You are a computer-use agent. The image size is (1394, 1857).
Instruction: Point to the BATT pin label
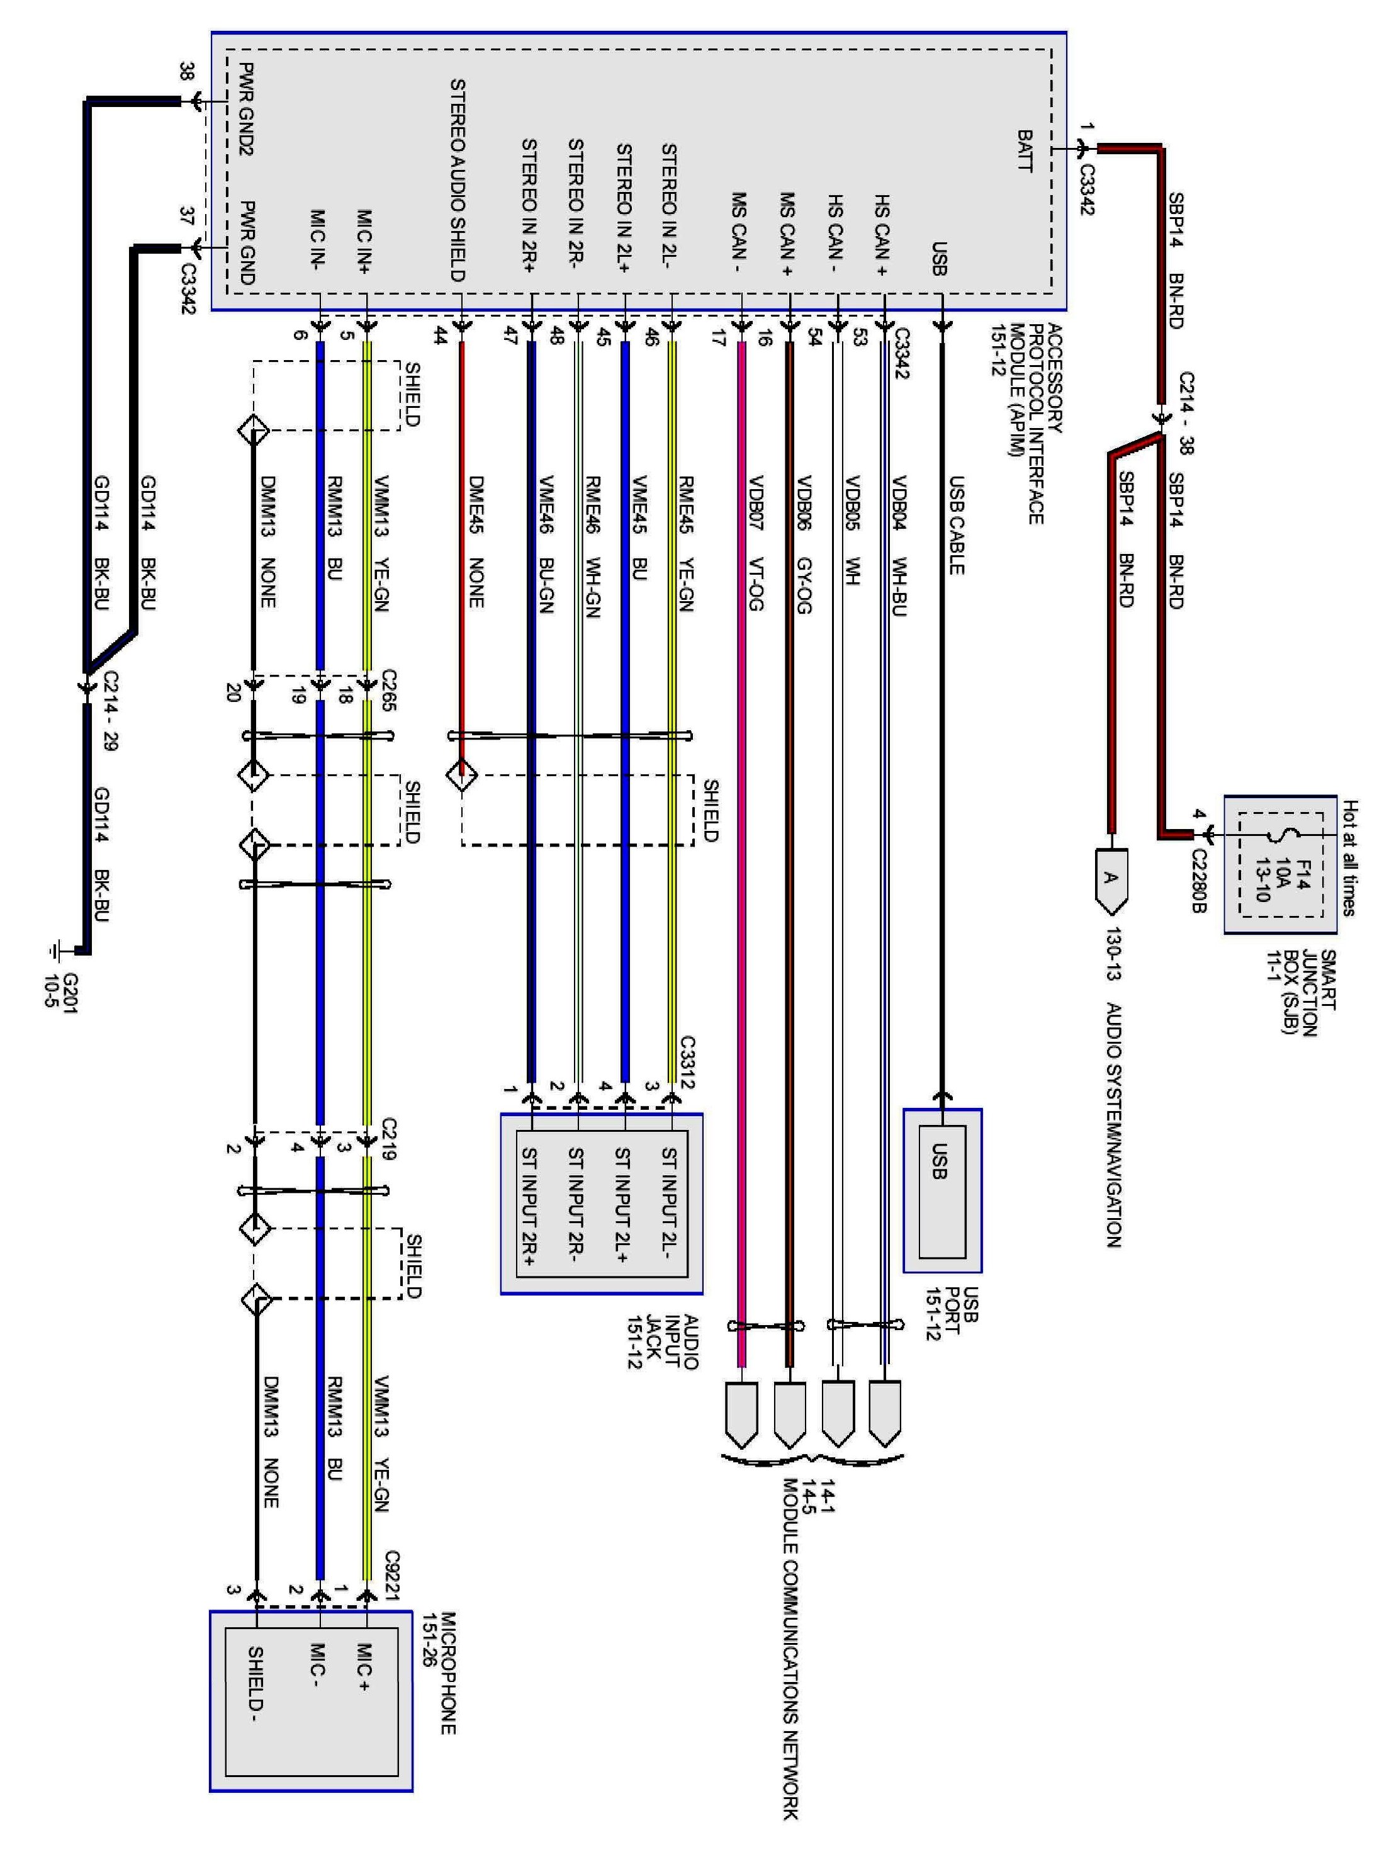[x=1025, y=150]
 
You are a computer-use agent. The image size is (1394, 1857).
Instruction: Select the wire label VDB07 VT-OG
[x=755, y=543]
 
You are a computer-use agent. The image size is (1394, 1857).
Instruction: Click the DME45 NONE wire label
[x=476, y=543]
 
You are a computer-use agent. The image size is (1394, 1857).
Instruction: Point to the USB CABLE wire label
[x=956, y=526]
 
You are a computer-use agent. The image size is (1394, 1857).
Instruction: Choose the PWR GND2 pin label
[x=246, y=108]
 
